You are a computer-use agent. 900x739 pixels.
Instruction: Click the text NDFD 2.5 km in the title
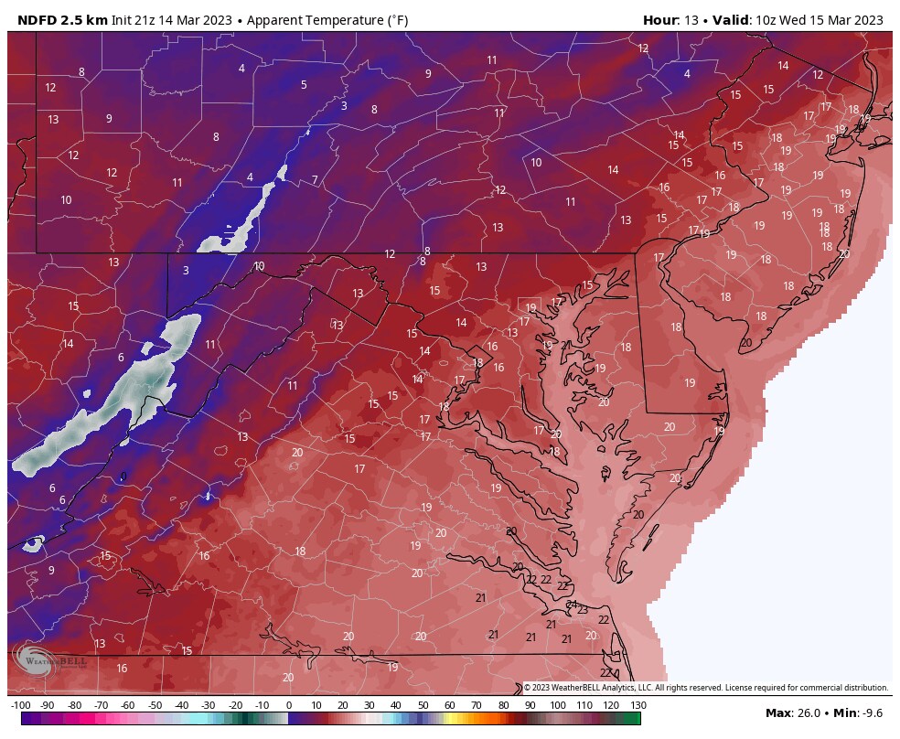58,19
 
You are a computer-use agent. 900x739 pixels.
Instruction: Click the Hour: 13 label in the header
672,19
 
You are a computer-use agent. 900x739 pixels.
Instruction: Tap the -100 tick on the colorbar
21,705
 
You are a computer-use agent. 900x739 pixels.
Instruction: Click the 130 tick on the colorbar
638,705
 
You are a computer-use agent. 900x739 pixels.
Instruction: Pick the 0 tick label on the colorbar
289,705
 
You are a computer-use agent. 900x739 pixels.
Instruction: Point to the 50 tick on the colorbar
423,705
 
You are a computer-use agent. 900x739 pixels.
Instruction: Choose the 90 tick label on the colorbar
530,705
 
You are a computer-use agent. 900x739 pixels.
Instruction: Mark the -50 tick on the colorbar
155,705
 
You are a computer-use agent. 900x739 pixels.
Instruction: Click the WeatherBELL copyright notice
705,688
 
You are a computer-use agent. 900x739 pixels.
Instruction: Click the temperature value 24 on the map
572,605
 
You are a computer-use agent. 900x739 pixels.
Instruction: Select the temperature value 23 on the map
583,610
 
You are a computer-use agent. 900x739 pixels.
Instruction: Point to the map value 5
304,85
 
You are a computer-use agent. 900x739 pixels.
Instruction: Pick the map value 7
315,179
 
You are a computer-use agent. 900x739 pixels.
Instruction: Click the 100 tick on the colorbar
557,705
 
